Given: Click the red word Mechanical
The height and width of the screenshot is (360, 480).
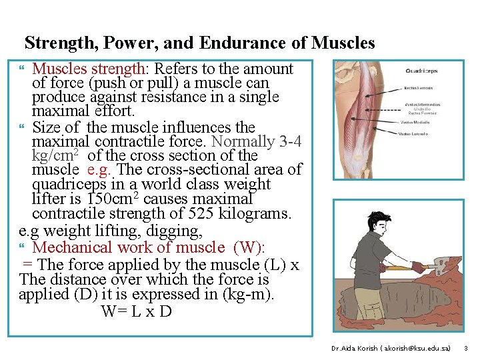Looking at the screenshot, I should point(73,247).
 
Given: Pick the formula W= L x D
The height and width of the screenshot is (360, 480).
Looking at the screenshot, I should point(136,311).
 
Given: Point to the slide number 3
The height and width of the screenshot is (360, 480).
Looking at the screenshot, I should point(466,348).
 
